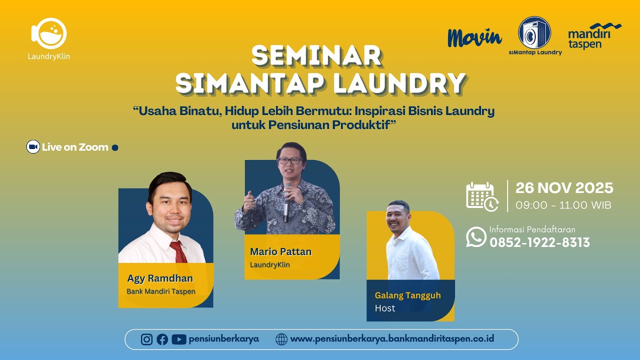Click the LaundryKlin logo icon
[48, 33]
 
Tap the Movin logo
[474, 37]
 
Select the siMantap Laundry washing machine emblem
[534, 32]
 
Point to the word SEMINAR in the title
[316, 55]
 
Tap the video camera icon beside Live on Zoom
[33, 147]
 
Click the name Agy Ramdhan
[160, 278]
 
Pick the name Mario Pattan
[280, 251]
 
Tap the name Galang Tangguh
[407, 295]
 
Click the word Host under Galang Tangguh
[385, 308]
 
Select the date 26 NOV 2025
[564, 188]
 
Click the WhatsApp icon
[476, 237]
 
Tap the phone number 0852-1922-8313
[539, 242]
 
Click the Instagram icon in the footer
[146, 339]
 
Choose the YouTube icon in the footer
[178, 339]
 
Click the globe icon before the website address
[281, 339]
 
